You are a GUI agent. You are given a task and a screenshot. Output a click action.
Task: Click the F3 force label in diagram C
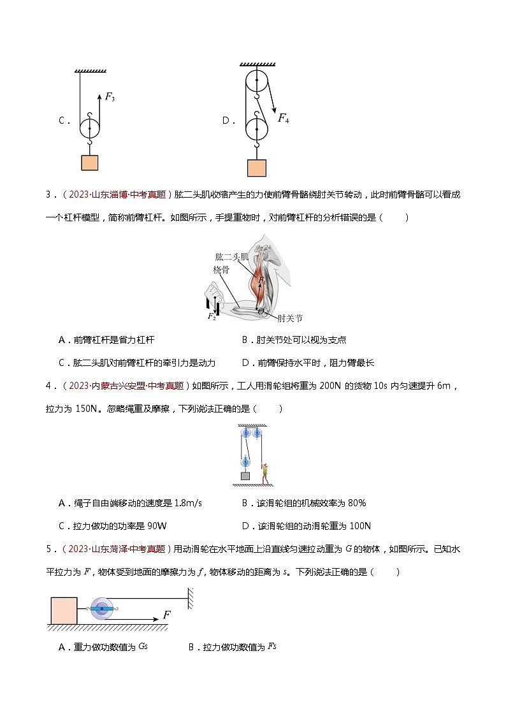110,98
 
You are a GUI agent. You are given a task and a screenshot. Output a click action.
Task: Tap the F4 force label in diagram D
283,118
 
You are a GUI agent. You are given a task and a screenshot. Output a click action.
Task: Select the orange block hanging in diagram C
90,163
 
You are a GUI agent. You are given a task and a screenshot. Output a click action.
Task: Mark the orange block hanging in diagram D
256,168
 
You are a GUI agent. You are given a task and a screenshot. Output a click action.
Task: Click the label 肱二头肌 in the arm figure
231,257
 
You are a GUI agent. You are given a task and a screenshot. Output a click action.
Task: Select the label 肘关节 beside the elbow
289,317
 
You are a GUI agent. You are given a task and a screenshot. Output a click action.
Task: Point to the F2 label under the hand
212,316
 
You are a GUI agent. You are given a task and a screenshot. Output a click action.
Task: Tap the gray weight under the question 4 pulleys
245,476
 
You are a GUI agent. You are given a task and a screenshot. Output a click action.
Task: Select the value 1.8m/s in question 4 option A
185,503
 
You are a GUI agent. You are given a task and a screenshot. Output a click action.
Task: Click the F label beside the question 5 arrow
167,615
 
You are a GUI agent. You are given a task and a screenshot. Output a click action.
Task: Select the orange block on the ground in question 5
64,610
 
